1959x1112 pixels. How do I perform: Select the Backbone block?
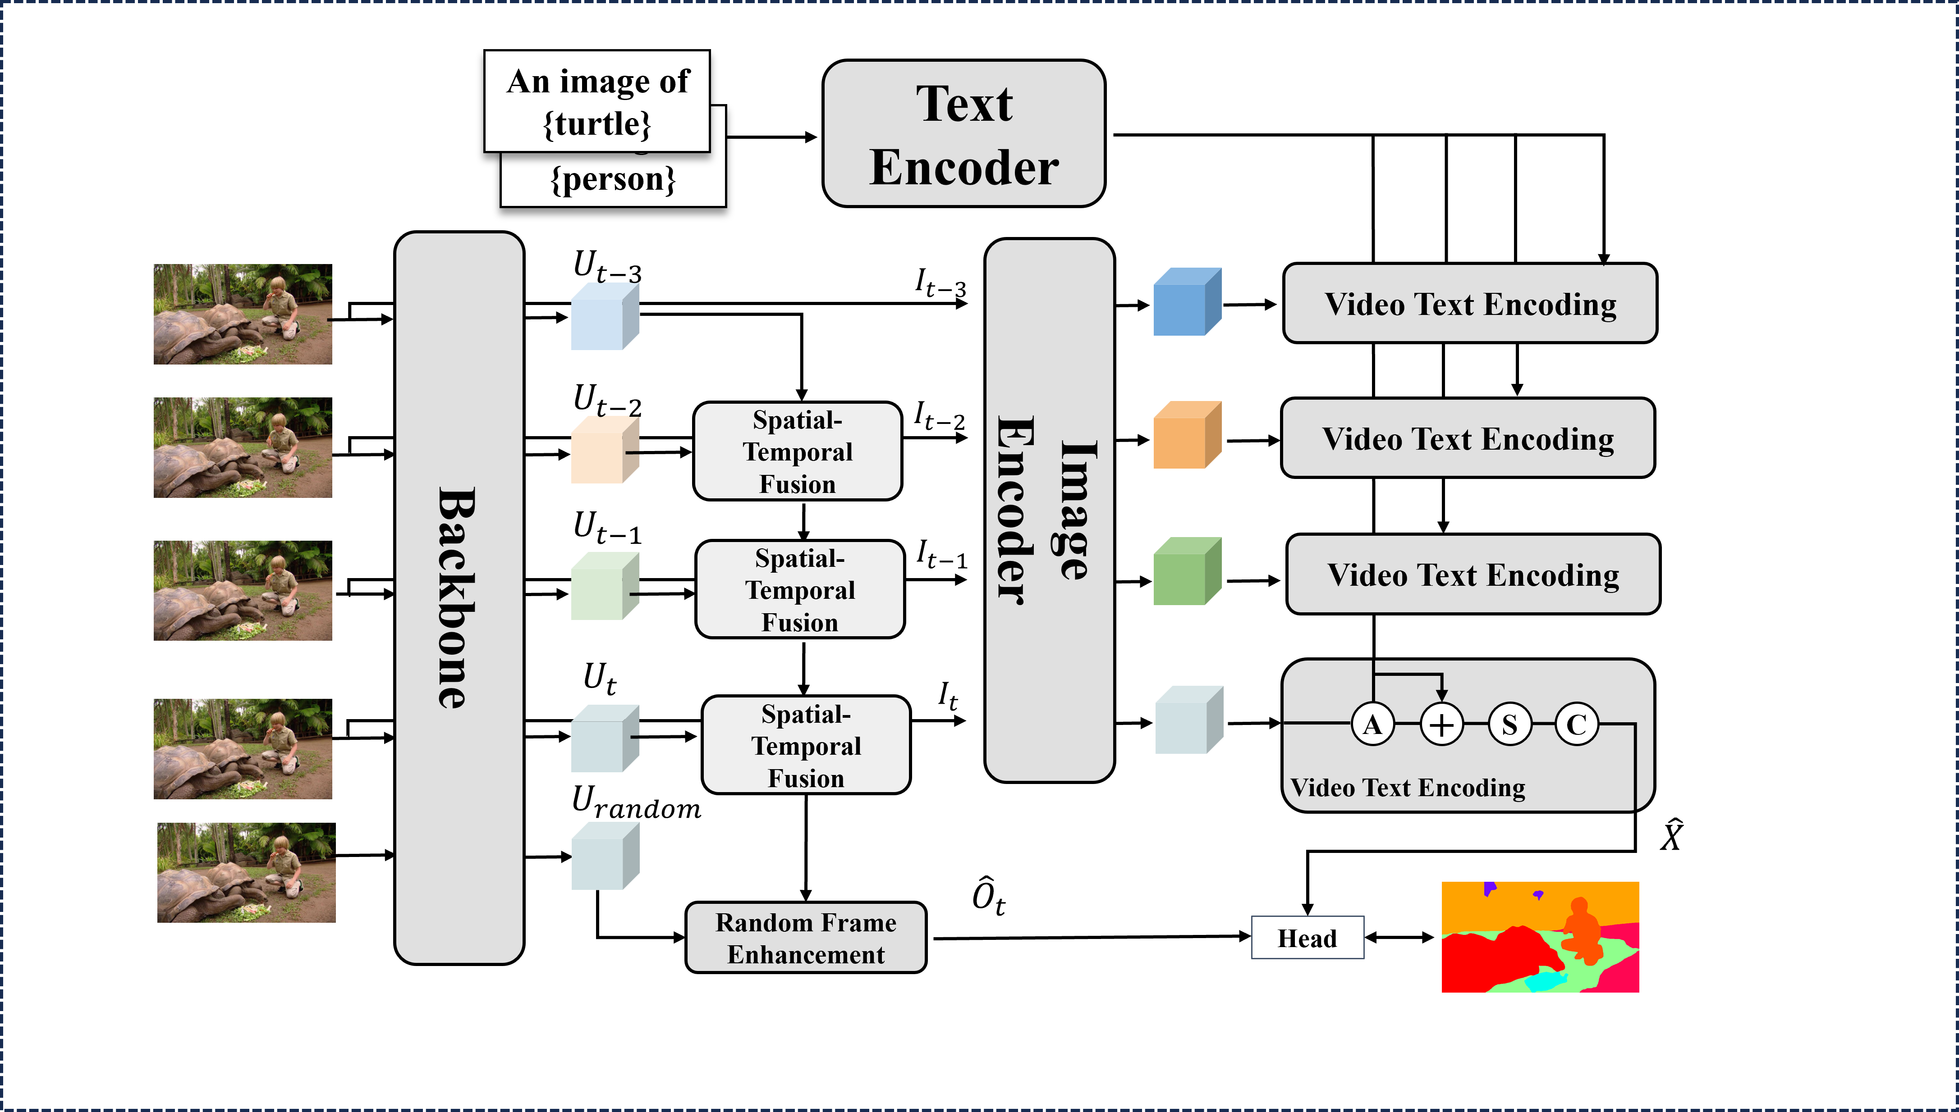[459, 598]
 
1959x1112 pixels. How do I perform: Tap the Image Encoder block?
[1049, 510]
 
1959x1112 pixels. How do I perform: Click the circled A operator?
[1372, 724]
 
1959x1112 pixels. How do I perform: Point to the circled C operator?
[1576, 724]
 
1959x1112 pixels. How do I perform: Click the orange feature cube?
[1187, 434]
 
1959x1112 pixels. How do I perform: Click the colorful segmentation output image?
[1540, 937]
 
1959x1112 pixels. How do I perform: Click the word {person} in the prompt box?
[614, 179]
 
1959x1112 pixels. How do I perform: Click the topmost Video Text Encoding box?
[1469, 303]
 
